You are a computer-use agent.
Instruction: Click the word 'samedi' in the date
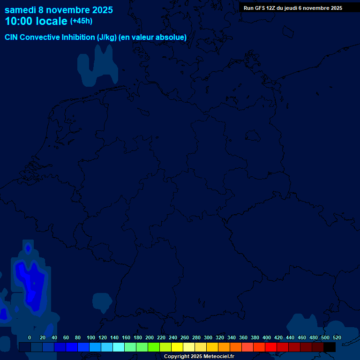coord(20,10)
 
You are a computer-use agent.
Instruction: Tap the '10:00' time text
coord(18,21)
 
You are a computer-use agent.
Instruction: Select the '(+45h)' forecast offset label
coord(81,21)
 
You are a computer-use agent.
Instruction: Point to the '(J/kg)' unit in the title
coord(107,37)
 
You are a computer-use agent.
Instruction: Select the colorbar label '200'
coord(150,337)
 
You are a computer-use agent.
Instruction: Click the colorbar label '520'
coord(337,337)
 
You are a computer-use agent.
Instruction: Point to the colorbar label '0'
coord(30,337)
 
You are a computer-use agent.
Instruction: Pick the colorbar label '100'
coord(91,337)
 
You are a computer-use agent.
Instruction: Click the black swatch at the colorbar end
coord(330,347)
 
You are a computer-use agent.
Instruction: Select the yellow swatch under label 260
coord(177,347)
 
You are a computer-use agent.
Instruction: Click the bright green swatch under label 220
coord(154,347)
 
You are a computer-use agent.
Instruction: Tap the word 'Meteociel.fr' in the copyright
coord(219,357)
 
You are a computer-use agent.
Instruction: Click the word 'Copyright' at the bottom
coord(177,357)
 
